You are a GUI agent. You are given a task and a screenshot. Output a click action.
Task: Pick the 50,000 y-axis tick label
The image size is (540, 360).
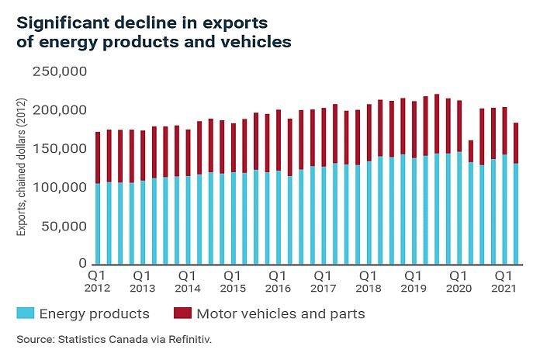point(66,227)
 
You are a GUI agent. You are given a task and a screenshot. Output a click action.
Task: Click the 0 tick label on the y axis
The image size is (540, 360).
point(84,265)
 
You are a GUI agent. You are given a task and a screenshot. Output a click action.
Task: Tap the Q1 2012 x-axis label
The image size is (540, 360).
point(98,281)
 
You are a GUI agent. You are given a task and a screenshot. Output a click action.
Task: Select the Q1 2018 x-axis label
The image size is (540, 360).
point(369,281)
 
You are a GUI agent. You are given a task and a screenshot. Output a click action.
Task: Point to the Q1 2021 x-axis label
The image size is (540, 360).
point(504,281)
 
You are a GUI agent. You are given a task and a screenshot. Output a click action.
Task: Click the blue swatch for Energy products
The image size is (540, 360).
point(26,313)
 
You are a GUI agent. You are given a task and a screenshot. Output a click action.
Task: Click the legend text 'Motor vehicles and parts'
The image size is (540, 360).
point(281,314)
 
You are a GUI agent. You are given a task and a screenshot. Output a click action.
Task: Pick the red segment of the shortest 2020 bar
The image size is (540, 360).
point(470,151)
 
